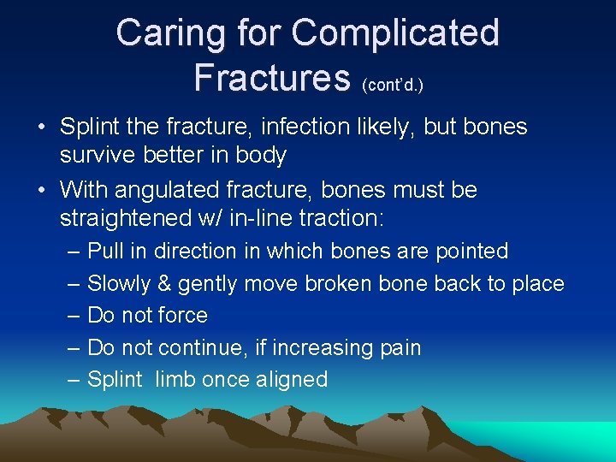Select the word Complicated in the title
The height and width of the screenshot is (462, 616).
[x=395, y=33]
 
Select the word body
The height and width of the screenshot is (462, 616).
[x=261, y=156]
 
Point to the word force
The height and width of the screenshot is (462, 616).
[x=184, y=316]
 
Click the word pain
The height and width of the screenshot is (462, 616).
[x=398, y=348]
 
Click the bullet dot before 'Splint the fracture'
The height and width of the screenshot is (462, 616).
[x=41, y=128]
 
